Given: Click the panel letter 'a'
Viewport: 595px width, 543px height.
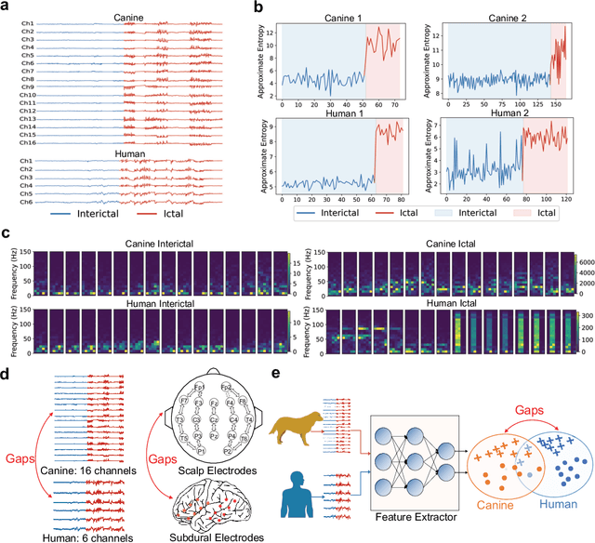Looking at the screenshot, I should (x=9, y=7).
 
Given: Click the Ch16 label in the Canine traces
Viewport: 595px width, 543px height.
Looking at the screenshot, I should (x=28, y=142).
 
